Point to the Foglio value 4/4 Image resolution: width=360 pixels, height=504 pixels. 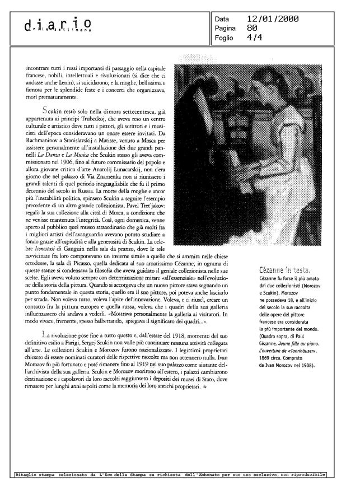pos(254,38)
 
